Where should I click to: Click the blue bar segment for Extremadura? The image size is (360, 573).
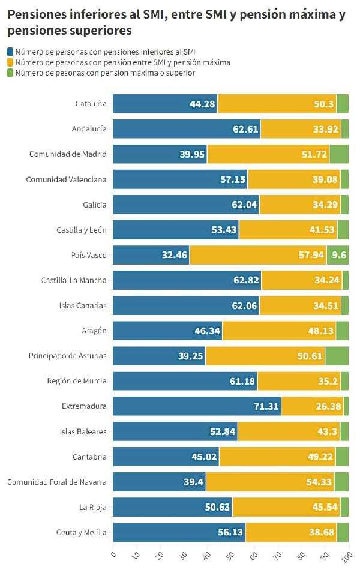[197, 406]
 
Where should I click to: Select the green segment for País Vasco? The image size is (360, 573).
[338, 255]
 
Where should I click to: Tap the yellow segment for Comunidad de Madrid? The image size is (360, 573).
[268, 154]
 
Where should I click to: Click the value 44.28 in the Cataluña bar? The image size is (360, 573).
[203, 104]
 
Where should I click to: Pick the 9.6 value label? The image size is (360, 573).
[340, 255]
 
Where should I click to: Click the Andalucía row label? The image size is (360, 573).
[89, 129]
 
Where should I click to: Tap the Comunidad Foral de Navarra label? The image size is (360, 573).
[57, 482]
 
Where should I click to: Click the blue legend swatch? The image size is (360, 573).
[10, 52]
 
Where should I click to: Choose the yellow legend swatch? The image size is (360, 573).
[10, 62]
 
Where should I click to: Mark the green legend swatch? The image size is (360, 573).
[10, 73]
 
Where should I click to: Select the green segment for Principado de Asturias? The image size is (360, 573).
[337, 356]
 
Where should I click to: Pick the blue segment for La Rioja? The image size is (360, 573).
[172, 507]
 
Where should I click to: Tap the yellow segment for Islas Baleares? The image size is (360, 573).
[289, 431]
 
